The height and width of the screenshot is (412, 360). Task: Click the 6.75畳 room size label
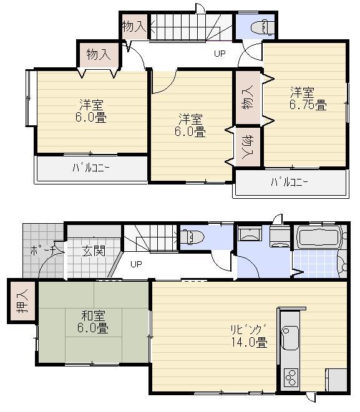pos(308,106)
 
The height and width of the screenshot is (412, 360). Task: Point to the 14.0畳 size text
pos(253,342)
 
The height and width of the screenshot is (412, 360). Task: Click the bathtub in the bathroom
pos(319,238)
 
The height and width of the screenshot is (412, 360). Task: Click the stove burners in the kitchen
pos(291,377)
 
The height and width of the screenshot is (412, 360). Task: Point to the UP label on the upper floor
pos(220,54)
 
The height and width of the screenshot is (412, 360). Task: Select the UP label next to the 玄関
pos(136,264)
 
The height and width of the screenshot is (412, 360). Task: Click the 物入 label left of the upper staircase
pos(134,26)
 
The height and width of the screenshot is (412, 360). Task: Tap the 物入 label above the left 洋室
pos(98,54)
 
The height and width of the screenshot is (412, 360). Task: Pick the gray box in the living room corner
pos(336,380)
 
